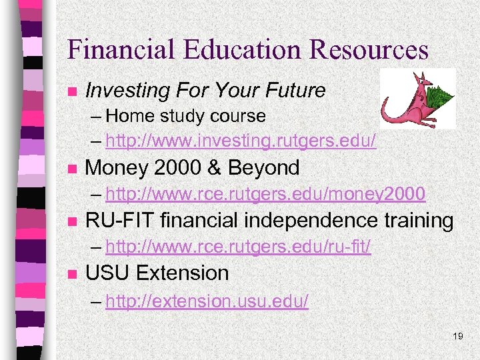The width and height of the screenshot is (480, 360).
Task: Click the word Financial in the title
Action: pyautogui.click(x=113, y=49)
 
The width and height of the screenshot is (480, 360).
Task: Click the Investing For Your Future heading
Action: pyautogui.click(x=205, y=90)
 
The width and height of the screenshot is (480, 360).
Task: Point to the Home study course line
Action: pyautogui.click(x=185, y=116)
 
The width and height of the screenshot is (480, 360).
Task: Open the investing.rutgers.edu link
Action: pyautogui.click(x=241, y=141)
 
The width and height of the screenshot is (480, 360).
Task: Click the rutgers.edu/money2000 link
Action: pyautogui.click(x=265, y=194)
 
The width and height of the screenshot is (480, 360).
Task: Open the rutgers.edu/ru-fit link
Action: pyautogui.click(x=238, y=247)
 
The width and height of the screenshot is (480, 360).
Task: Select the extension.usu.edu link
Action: pyautogui.click(x=207, y=301)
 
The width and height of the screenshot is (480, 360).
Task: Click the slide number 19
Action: pyautogui.click(x=457, y=336)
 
